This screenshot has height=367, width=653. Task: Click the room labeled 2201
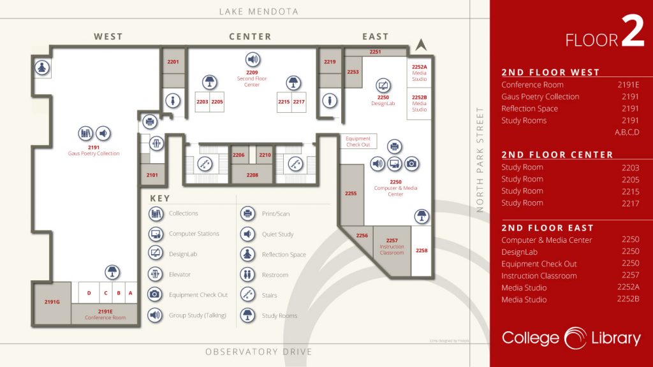coord(173,62)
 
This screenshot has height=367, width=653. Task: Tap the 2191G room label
coord(52,301)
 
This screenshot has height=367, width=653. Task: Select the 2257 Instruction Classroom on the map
coord(392,246)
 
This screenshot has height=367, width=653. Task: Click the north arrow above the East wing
coord(420,45)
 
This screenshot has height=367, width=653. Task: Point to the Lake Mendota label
coord(258,11)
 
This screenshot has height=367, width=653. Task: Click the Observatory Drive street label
coord(258,352)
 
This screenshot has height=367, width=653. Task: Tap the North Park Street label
coord(480,159)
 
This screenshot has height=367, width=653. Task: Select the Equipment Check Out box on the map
coord(358,141)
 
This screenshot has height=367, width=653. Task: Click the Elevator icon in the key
coord(155,275)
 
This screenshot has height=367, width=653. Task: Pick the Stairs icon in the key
coord(247,295)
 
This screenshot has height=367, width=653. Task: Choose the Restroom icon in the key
coord(247,275)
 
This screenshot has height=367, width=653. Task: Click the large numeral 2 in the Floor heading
coord(633,36)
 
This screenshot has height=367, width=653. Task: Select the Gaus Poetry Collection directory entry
coord(540,97)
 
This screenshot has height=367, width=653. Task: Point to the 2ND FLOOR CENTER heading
coord(557,154)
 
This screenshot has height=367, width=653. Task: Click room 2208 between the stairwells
coord(253,174)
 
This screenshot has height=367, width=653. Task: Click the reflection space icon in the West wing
coord(43,67)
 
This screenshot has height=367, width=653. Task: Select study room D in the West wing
coord(89,293)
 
